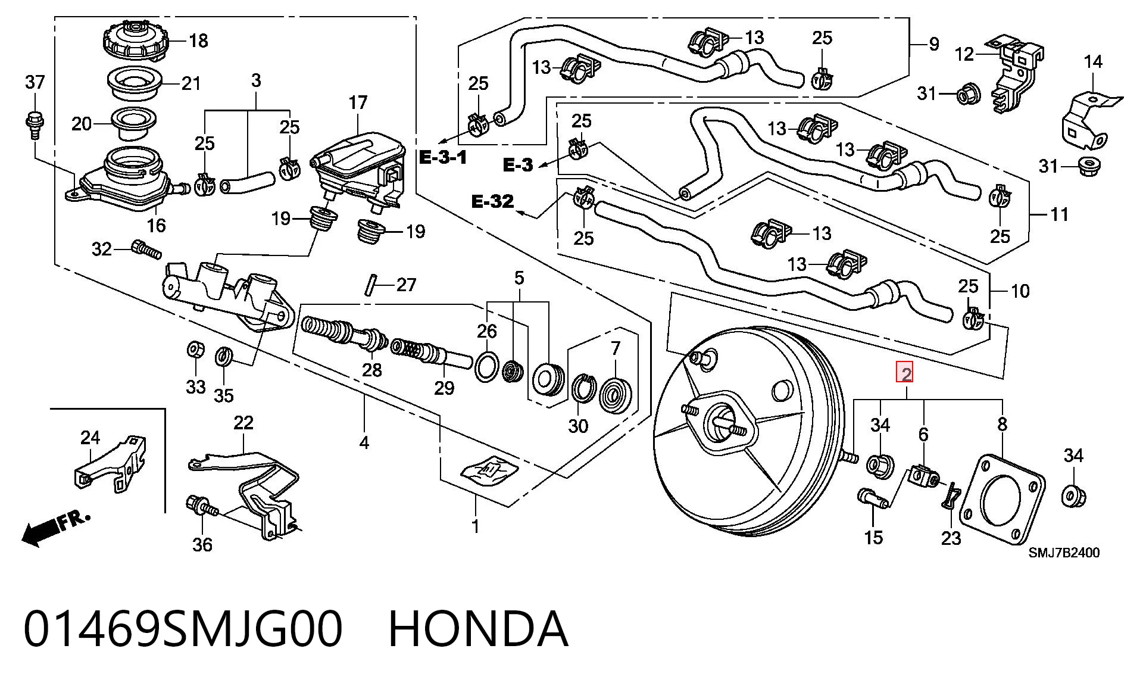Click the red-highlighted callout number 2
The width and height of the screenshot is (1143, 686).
pyautogui.click(x=906, y=374)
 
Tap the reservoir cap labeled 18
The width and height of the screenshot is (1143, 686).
pyautogui.click(x=136, y=40)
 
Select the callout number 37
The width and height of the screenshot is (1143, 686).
pyautogui.click(x=35, y=82)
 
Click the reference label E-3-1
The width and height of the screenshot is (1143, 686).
pyautogui.click(x=444, y=157)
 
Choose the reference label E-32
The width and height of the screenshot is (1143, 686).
pyautogui.click(x=492, y=202)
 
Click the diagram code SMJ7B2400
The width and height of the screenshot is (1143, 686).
pyautogui.click(x=1064, y=553)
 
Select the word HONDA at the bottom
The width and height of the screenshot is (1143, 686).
pyautogui.click(x=478, y=629)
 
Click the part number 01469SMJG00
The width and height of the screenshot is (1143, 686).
pyautogui.click(x=183, y=629)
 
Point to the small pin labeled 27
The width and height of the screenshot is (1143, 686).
pyautogui.click(x=371, y=284)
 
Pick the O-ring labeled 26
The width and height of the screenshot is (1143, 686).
pyautogui.click(x=487, y=367)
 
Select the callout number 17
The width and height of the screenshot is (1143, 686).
pyautogui.click(x=358, y=103)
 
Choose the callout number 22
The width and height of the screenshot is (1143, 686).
pyautogui.click(x=243, y=423)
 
